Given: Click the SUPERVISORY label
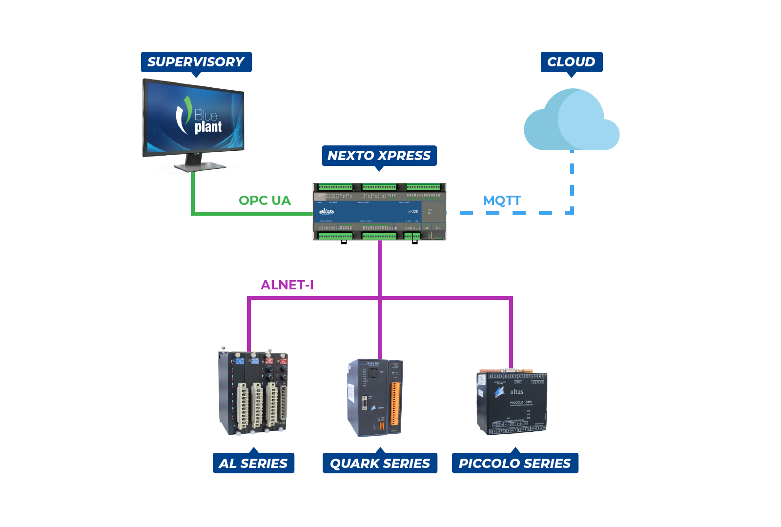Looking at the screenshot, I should [196, 62].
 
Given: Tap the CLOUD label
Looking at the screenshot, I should [571, 62].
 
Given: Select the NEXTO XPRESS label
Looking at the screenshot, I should [379, 156].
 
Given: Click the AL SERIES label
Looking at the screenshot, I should [253, 463].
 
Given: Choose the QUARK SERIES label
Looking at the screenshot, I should [380, 463].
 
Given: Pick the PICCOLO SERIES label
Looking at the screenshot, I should [515, 463].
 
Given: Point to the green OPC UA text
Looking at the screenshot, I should [265, 201].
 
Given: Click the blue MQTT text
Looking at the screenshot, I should [502, 201].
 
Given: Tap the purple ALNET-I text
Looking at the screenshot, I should [287, 285].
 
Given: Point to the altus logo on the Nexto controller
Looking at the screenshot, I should [327, 211].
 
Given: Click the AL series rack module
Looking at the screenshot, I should [253, 393].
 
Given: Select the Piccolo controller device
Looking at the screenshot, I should [512, 403].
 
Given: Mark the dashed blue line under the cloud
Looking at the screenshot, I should [572, 181].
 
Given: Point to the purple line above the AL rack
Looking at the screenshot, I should [249, 324].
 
